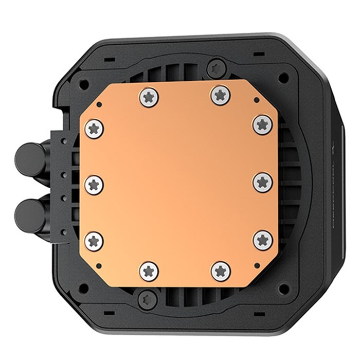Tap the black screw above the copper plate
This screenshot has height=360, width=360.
pyautogui.click(x=216, y=67)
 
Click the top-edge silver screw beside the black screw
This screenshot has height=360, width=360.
pyautogui.click(x=220, y=94)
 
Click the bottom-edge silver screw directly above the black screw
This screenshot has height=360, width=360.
pyautogui.click(x=149, y=271)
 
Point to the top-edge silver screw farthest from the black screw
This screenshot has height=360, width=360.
pyautogui.click(x=149, y=97)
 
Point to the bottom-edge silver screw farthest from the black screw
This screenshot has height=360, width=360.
pyautogui.click(x=221, y=270)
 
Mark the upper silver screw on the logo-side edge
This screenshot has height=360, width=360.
pyautogui.click(x=262, y=123)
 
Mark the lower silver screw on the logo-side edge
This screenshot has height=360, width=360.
pyautogui.click(x=262, y=240)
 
